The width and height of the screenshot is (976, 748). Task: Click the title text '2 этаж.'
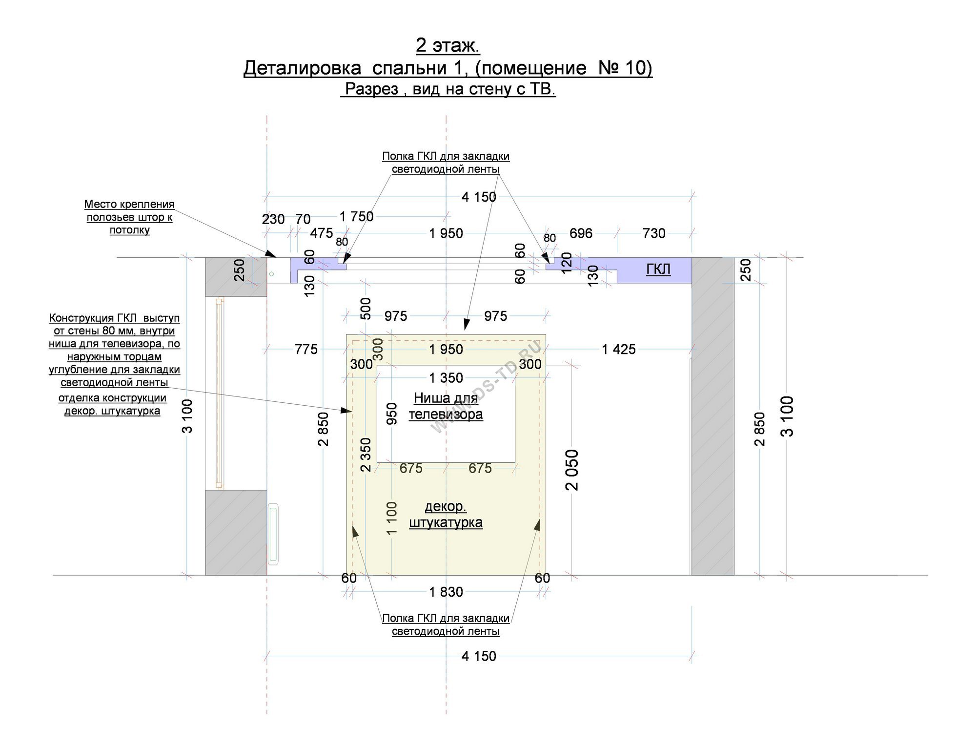click(x=447, y=45)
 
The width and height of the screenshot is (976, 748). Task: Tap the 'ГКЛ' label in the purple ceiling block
click(x=658, y=270)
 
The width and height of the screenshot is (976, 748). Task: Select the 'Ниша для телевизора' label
click(x=446, y=406)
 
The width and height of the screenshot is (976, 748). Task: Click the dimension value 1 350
click(x=446, y=378)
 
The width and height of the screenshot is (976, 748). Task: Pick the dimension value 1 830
click(x=446, y=592)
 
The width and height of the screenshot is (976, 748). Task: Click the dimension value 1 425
click(x=619, y=350)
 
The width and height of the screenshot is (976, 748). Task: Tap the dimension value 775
click(x=306, y=350)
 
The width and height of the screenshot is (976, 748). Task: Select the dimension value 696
click(x=581, y=233)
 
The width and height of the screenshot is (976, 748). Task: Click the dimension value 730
click(x=654, y=233)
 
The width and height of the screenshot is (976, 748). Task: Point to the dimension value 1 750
click(x=356, y=217)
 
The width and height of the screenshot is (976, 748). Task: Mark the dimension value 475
click(x=322, y=233)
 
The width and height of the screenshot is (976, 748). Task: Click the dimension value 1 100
click(x=391, y=518)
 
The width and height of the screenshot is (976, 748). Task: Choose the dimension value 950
click(x=392, y=414)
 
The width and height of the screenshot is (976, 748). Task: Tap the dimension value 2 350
click(x=366, y=455)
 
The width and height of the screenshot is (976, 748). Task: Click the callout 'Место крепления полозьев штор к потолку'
click(x=129, y=217)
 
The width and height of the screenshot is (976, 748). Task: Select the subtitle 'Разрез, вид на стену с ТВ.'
click(x=448, y=89)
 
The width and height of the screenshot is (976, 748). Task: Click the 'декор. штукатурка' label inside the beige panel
click(x=446, y=515)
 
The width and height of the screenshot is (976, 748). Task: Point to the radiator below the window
click(x=273, y=534)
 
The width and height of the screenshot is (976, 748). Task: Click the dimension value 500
click(x=366, y=309)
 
